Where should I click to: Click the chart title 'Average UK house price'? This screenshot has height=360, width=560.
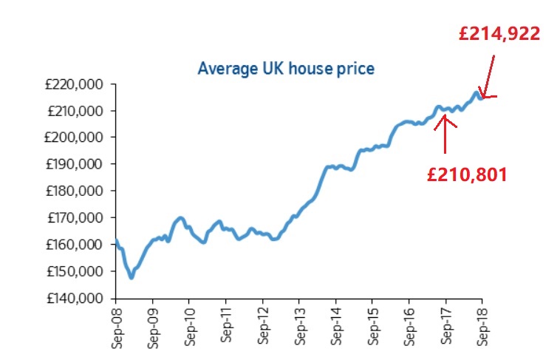[286, 69]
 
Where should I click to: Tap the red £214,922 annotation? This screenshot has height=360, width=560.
[499, 33]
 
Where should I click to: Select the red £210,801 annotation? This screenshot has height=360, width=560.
[467, 174]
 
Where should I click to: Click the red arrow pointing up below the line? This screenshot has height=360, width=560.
[445, 133]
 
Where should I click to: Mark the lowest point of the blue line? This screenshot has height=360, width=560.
[131, 277]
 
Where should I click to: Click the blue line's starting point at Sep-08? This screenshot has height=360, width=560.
[117, 240]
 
